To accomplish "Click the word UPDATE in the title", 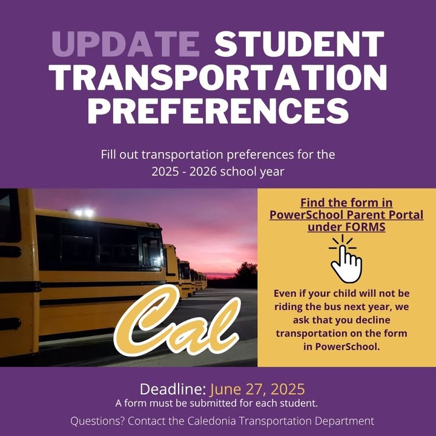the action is [x=125, y=44].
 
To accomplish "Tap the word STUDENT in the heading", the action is [x=300, y=44].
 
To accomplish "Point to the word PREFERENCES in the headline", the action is [x=218, y=111].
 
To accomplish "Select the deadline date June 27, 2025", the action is [x=257, y=389].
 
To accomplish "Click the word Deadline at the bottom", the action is [x=173, y=389].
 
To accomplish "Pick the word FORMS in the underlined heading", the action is [x=365, y=227].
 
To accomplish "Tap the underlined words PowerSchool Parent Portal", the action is [x=346, y=214].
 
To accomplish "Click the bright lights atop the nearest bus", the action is [x=84, y=213].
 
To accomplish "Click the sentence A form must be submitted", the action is [x=216, y=403].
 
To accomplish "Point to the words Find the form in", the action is [x=346, y=203].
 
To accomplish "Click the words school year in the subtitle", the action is [x=252, y=172].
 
